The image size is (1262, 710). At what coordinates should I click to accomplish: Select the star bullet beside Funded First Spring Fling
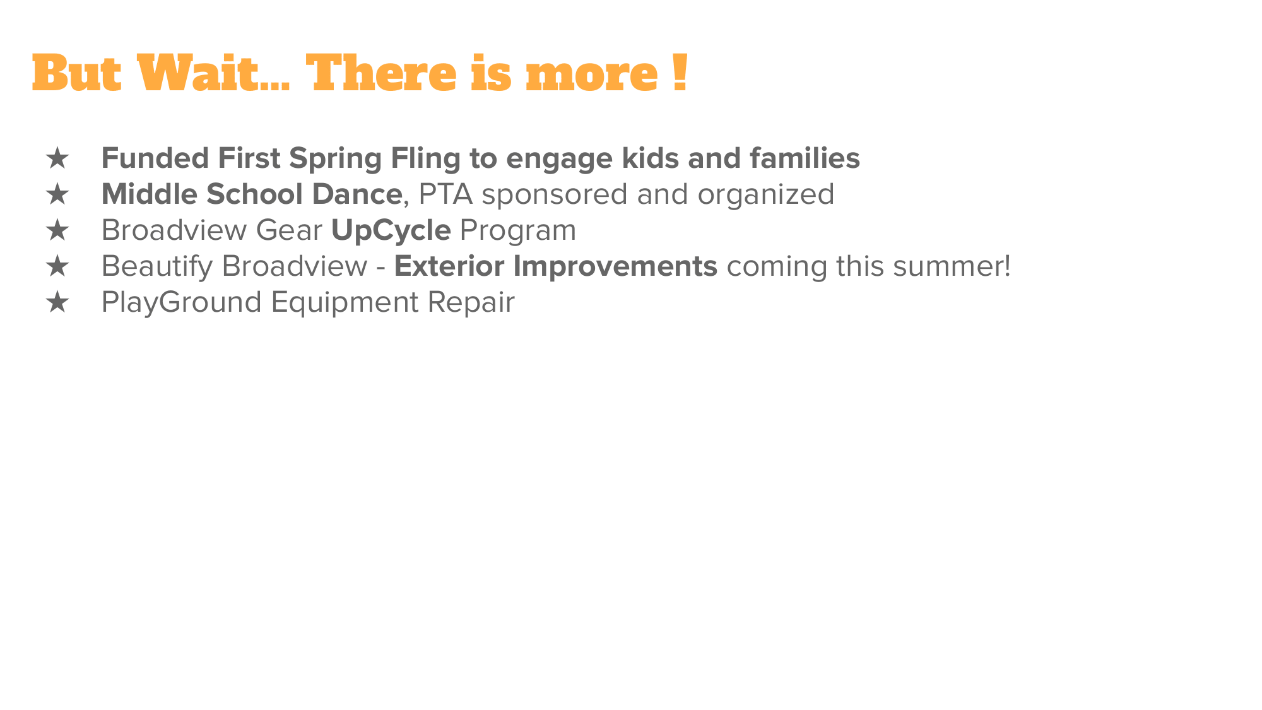tap(57, 158)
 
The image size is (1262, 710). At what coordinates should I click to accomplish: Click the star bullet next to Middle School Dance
tap(57, 194)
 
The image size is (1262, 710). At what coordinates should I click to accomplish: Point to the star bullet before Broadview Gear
tap(57, 230)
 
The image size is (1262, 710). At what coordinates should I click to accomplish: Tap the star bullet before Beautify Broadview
tap(57, 266)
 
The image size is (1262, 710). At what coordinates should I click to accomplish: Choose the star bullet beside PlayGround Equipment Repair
tap(57, 302)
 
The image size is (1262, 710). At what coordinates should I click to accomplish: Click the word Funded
tap(155, 158)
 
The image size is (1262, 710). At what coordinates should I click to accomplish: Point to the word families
tap(805, 158)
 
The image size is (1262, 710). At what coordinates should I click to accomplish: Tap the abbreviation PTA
tap(445, 194)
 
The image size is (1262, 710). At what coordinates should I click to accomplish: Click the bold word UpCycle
tap(391, 231)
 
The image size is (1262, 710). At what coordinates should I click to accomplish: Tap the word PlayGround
tap(181, 303)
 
